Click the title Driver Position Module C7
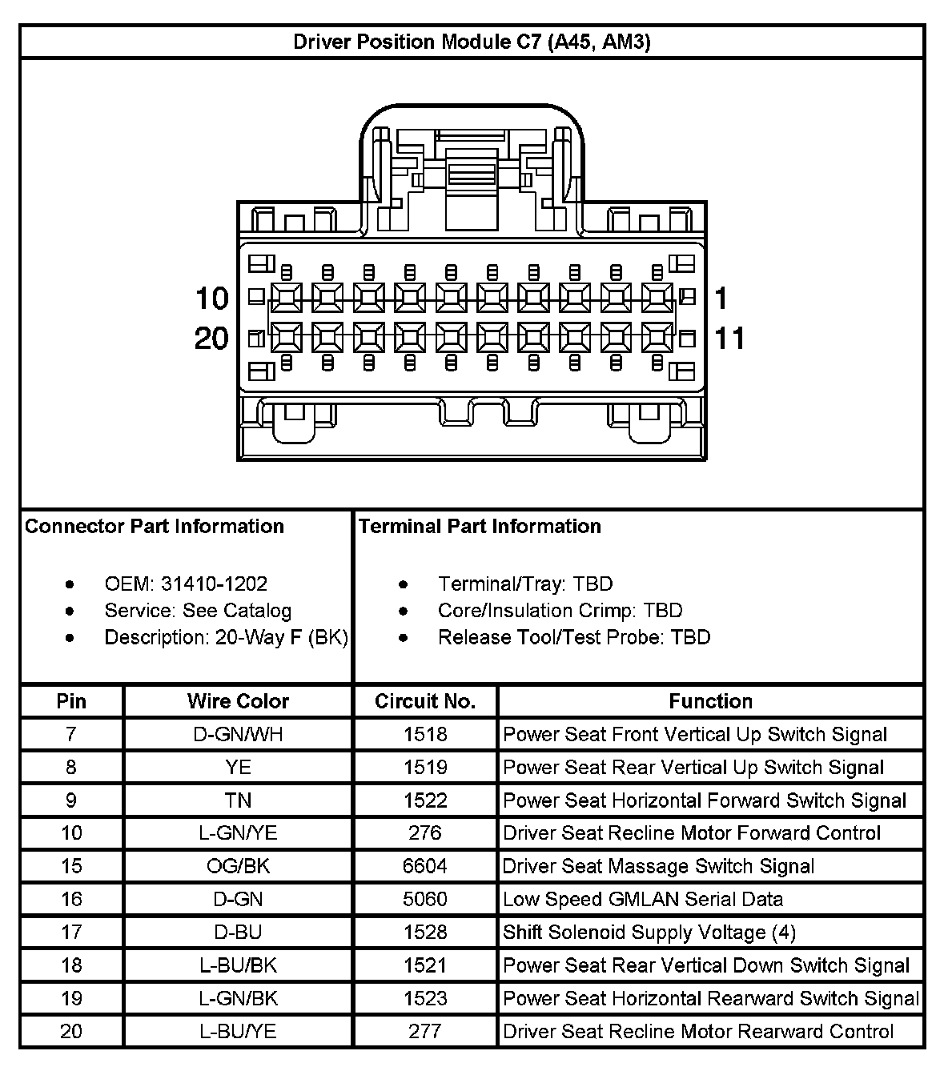tap(472, 42)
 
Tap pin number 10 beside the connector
tap(212, 299)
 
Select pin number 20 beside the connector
tap(211, 339)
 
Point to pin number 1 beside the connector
tap(721, 299)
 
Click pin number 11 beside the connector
tap(729, 339)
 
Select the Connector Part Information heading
tap(155, 526)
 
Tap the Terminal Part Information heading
tap(480, 526)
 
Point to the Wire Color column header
tap(238, 701)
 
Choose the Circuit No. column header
tap(425, 701)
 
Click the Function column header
tap(710, 701)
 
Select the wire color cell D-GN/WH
tap(238, 734)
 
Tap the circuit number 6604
tap(425, 866)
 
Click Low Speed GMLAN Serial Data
tap(642, 899)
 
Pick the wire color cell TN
tap(238, 800)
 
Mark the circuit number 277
tap(425, 1031)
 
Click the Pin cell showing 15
tap(71, 866)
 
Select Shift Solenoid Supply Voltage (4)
tap(649, 933)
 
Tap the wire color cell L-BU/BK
tap(238, 965)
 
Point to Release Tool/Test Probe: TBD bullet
tap(573, 637)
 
